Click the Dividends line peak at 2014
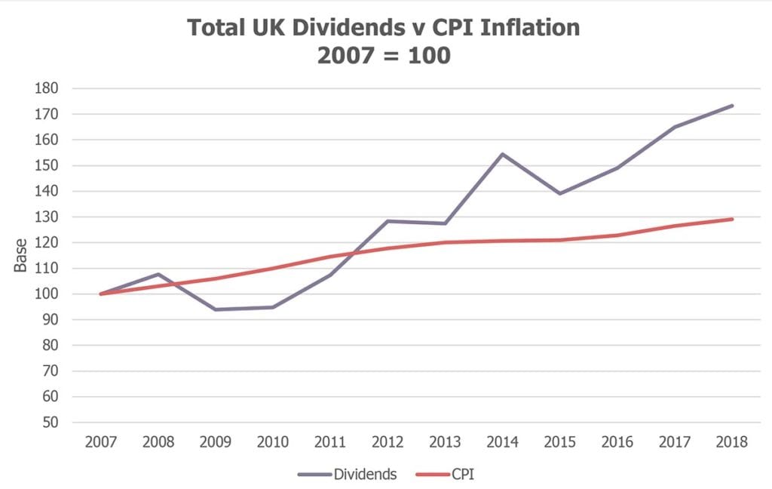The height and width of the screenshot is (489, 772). click(x=503, y=154)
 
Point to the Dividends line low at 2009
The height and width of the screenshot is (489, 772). click(x=216, y=309)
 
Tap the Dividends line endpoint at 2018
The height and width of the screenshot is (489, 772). click(x=733, y=106)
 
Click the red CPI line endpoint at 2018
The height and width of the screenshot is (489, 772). click(x=733, y=219)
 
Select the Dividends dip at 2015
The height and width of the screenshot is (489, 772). click(x=560, y=193)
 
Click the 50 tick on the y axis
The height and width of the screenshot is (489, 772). click(x=50, y=423)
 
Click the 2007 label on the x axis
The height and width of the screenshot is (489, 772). click(x=100, y=442)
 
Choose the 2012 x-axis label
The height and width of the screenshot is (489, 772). click(x=388, y=442)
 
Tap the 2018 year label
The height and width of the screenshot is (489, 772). click(x=732, y=442)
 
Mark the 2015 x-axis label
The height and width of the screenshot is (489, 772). click(x=560, y=442)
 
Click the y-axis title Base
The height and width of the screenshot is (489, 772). click(x=21, y=257)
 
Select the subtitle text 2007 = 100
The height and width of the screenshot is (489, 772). click(x=384, y=55)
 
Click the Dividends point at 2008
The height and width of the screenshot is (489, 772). click(x=158, y=274)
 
